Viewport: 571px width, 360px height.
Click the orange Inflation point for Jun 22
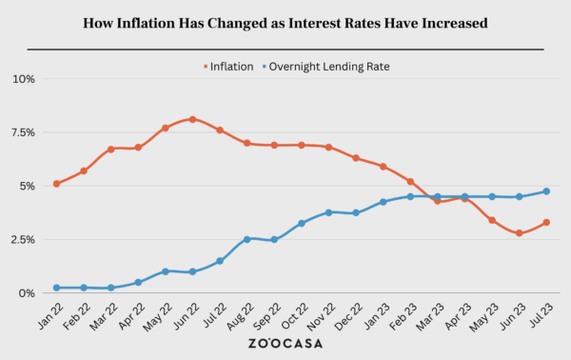[x=192, y=119]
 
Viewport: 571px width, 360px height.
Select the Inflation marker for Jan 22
[x=57, y=184]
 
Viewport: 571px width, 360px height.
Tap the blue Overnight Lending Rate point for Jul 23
[x=546, y=191]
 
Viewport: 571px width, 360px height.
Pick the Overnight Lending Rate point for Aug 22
[x=246, y=239]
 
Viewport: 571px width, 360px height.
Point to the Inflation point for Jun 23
[x=519, y=233]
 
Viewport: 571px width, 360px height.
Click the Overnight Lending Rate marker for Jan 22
[x=57, y=288]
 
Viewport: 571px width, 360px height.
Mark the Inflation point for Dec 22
[x=356, y=158]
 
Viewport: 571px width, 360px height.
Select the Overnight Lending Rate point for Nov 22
[x=328, y=212]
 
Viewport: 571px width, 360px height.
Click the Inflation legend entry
[x=226, y=67]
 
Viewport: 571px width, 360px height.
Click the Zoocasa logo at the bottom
[x=285, y=344]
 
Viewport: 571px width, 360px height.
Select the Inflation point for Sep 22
[x=274, y=146]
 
